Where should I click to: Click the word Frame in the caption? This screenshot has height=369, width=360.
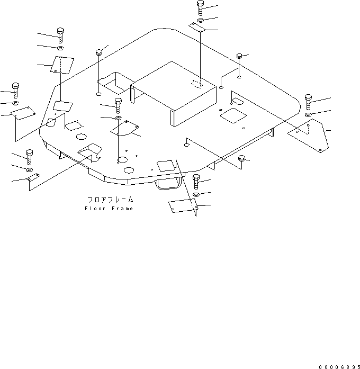122,209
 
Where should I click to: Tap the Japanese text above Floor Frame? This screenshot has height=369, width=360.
110,200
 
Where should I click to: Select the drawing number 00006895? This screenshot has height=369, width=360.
339,367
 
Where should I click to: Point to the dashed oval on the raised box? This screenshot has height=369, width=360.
197,84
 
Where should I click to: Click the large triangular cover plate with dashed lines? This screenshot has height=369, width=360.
309,136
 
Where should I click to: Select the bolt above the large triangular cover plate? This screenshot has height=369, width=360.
308,102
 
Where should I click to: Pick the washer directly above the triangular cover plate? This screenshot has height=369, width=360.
308,114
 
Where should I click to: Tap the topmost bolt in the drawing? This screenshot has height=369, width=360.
200,8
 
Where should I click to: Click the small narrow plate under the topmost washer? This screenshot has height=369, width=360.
197,27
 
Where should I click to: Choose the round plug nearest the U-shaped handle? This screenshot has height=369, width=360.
241,158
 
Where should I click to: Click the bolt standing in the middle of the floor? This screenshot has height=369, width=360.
118,105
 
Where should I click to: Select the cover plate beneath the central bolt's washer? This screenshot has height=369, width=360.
125,128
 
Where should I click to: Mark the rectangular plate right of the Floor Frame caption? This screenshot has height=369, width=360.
183,206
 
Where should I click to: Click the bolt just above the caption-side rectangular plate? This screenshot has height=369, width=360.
196,182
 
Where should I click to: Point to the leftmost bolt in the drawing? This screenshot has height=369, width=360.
15,91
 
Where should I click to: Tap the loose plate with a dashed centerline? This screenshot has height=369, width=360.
62,65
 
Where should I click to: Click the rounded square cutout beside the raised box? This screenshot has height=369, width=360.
233,115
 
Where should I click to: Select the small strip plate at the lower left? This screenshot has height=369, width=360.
34,177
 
